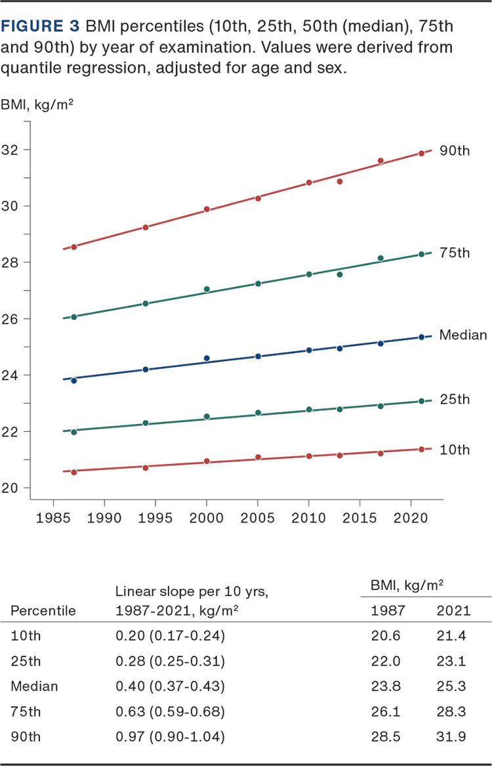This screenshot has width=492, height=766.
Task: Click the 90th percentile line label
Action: tap(455, 151)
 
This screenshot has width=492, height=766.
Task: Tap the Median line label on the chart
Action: tap(463, 335)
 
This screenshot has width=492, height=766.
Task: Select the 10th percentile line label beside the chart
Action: tap(455, 450)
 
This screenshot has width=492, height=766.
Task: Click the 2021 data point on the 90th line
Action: tap(421, 153)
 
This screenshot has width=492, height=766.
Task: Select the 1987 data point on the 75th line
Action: tap(73, 316)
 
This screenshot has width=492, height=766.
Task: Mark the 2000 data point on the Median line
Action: tap(207, 358)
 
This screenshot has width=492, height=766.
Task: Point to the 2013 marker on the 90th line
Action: tap(339, 181)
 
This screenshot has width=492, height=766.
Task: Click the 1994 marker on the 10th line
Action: tap(146, 467)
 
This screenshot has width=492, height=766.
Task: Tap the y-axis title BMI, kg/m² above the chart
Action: tap(37, 104)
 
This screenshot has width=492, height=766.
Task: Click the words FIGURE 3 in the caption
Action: tap(41, 27)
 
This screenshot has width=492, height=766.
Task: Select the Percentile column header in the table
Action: tap(43, 610)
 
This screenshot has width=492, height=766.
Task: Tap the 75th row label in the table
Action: tap(26, 712)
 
